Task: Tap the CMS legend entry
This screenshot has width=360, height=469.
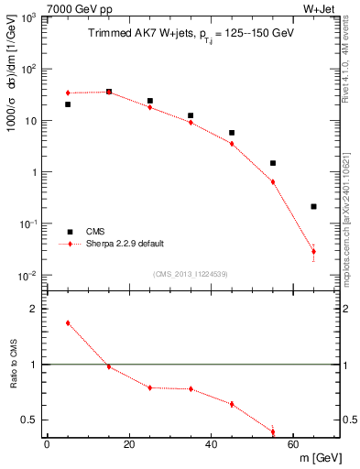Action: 96,232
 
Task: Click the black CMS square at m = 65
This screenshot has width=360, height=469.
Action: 313,206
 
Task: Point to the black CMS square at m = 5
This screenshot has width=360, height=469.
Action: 68,104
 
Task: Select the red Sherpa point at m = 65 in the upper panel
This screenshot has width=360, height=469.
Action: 313,251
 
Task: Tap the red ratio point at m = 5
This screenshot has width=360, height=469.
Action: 68,323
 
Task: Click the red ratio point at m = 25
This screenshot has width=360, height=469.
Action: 150,387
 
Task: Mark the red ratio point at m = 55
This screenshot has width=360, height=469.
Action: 273,431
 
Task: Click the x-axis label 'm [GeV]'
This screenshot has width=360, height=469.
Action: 314,456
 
